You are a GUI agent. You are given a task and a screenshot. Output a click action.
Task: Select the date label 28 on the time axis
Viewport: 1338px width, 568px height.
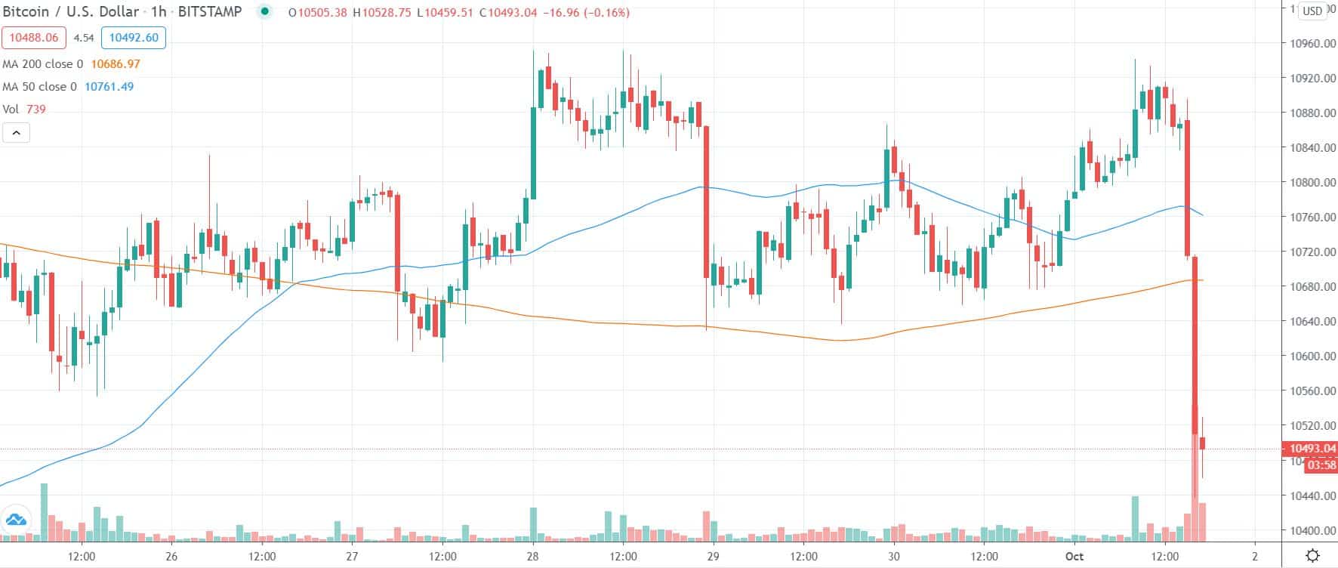point(533,557)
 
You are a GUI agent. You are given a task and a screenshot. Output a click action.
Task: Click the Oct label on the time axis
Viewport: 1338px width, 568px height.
point(1074,557)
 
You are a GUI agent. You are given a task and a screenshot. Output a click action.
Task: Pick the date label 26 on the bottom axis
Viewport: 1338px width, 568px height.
point(171,557)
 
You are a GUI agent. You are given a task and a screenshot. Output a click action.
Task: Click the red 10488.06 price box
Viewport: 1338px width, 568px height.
point(35,38)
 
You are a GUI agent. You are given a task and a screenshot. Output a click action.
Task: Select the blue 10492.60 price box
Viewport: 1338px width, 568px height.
point(134,38)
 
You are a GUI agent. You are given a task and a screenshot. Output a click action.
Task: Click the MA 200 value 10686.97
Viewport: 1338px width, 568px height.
point(115,64)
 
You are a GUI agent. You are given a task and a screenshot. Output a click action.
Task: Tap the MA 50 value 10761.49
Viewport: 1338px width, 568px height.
point(109,87)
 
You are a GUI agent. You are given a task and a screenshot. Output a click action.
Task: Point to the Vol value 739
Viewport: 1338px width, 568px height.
point(35,110)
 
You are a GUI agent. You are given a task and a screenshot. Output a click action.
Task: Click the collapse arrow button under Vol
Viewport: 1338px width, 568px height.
point(17,134)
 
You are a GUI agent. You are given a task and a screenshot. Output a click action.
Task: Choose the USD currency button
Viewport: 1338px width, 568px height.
point(1312,11)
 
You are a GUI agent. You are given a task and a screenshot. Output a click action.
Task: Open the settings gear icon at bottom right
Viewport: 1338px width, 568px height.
point(1313,556)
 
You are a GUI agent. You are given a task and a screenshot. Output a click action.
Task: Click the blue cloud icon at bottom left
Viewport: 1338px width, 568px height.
point(16,520)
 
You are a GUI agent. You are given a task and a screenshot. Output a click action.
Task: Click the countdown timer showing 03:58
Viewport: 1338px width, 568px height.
point(1321,465)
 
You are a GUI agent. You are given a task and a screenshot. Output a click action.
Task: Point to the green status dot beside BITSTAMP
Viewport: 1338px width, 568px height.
point(264,12)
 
